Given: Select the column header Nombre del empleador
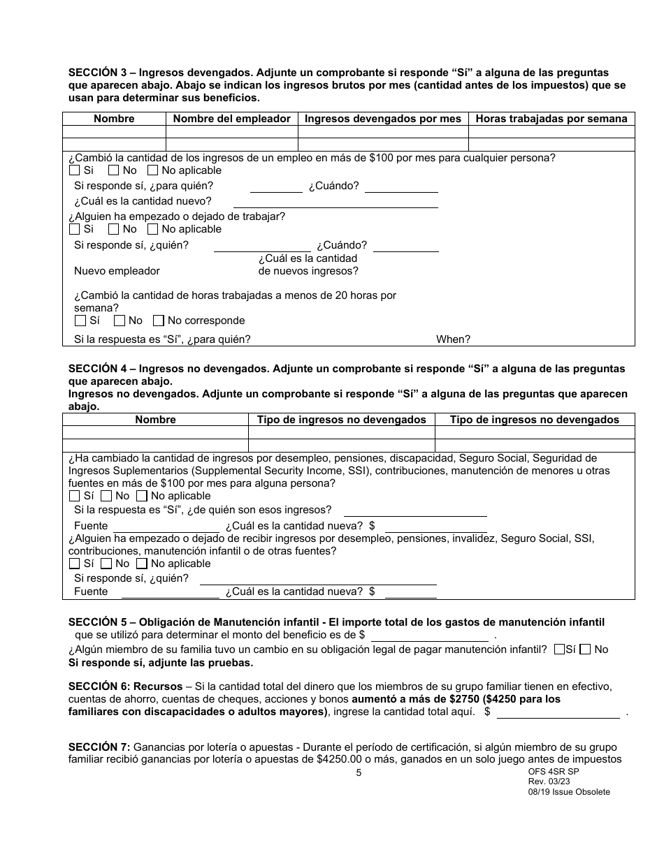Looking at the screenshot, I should point(231,119).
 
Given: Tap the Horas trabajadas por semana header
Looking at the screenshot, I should point(551,119).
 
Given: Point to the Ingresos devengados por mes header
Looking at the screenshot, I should point(383,119).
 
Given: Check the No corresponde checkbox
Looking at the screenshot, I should point(159,321).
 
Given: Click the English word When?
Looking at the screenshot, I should point(453,339).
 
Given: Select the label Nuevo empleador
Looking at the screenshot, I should point(117,271).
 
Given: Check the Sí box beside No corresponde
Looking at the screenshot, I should point(80,321).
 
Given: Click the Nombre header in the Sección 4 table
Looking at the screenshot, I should point(155,420).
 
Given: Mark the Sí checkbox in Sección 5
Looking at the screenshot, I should point(558,649).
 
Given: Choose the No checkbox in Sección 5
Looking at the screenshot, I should point(586,649).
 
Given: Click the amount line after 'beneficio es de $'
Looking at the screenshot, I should point(429,636).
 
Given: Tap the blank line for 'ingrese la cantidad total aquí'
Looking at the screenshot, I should point(558,713).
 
